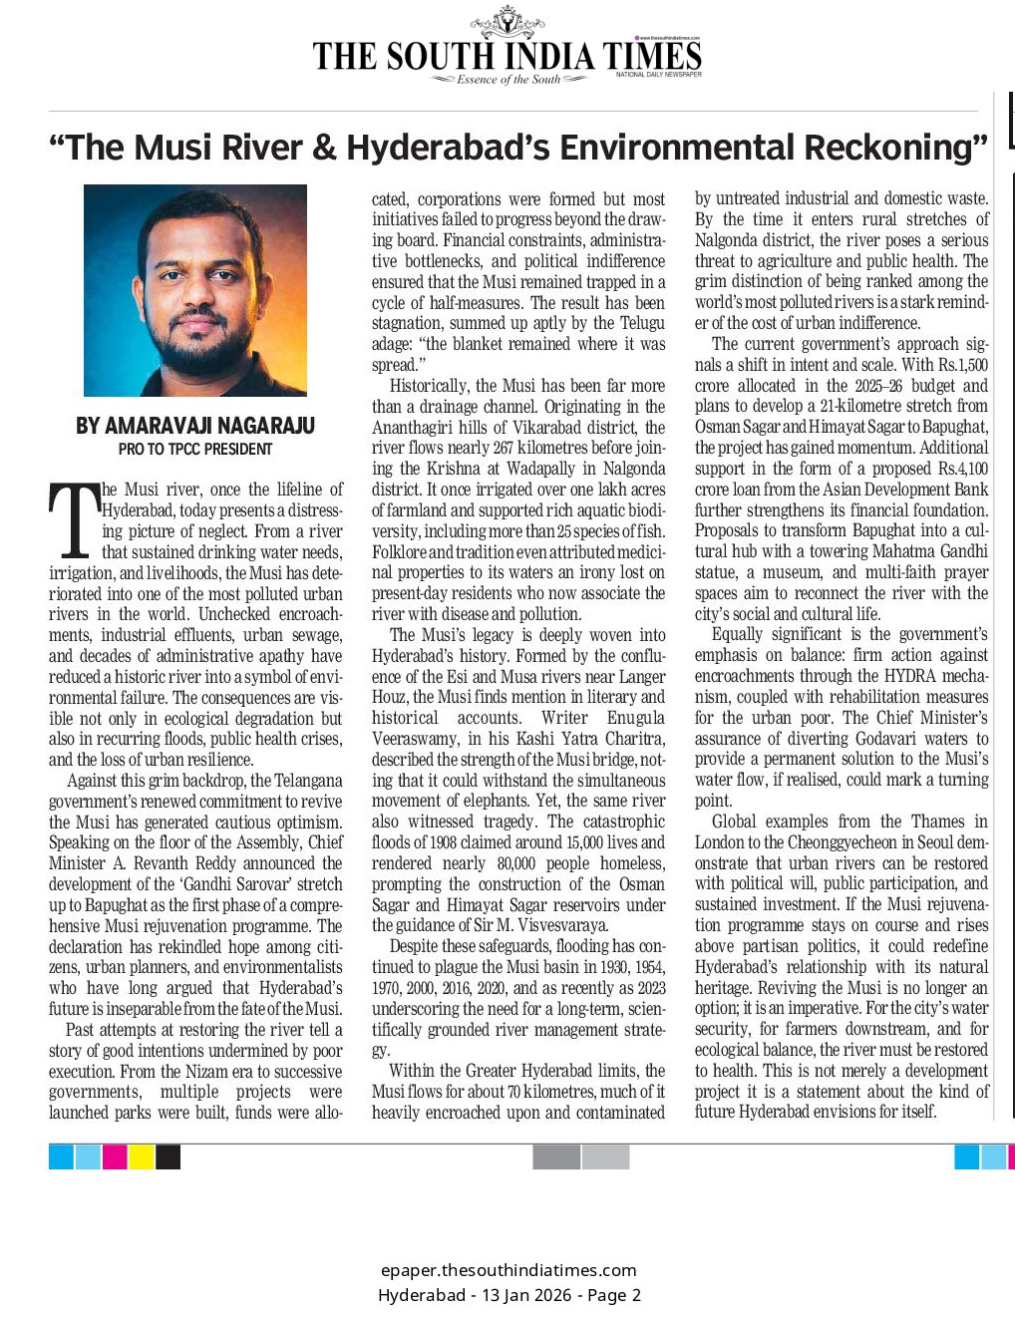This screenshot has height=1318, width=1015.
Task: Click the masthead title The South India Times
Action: click(x=507, y=56)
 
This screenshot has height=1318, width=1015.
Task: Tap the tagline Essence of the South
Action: click(x=508, y=80)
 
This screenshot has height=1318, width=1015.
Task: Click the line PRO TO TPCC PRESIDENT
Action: click(x=195, y=450)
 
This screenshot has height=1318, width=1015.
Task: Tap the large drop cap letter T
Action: click(x=74, y=520)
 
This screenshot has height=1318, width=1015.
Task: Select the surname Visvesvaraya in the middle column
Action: click(x=560, y=925)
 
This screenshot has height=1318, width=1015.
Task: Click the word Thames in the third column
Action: click(x=937, y=822)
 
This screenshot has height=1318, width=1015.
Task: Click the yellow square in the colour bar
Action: click(x=142, y=1156)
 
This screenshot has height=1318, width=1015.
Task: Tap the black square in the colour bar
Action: click(x=169, y=1156)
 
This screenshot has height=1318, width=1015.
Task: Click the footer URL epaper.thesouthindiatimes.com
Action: click(x=508, y=1270)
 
